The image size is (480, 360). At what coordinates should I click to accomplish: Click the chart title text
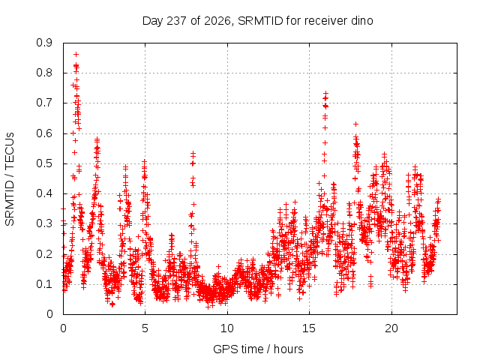[x=257, y=21]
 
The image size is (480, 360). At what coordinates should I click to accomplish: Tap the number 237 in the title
[x=177, y=21]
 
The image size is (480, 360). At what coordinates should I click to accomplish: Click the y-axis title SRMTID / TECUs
[x=10, y=179]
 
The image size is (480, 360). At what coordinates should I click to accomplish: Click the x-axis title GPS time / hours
[x=258, y=349]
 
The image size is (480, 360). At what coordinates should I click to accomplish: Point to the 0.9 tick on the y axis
[x=44, y=43]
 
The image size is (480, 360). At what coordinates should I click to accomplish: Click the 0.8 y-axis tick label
[x=44, y=73]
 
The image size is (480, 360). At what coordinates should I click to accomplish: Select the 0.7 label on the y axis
[x=44, y=103]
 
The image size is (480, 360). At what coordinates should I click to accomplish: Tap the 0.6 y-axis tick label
[x=44, y=133]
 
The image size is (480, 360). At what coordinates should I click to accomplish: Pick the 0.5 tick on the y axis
[x=44, y=163]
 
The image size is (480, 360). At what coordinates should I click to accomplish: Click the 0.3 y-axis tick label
[x=44, y=223]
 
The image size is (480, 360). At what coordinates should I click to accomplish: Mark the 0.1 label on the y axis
[x=44, y=284]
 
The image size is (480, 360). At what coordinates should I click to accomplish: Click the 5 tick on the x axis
[x=145, y=328]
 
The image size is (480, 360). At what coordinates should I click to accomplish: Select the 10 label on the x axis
[x=227, y=328]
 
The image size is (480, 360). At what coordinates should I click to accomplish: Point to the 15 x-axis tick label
[x=309, y=328]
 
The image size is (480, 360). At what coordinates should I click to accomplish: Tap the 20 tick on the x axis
[x=391, y=328]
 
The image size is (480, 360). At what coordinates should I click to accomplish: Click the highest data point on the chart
[x=76, y=55]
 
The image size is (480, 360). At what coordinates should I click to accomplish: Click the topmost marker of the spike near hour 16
[x=326, y=93]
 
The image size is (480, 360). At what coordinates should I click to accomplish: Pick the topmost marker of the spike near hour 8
[x=193, y=152]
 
